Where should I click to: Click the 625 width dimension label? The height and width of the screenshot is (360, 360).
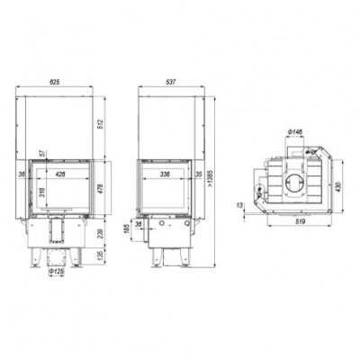[56, 81]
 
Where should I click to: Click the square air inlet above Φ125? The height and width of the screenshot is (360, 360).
[55, 232]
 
